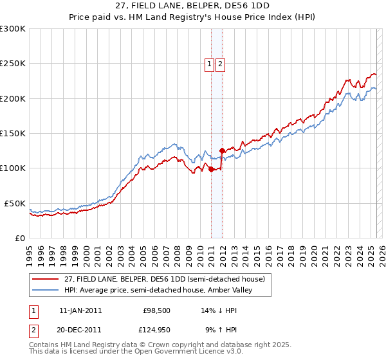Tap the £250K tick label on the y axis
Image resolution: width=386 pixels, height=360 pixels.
[13, 64]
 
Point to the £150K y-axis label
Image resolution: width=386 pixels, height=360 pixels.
[13, 133]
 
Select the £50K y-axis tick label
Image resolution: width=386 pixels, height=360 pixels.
[15, 203]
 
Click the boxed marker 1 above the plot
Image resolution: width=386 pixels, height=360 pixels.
[210, 64]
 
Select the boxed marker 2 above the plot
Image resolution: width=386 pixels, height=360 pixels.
[220, 64]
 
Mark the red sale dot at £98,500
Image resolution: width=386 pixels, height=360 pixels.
[211, 170]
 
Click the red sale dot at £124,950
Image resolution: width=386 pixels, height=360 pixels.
[222, 150]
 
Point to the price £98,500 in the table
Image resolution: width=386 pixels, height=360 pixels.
[156, 310]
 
